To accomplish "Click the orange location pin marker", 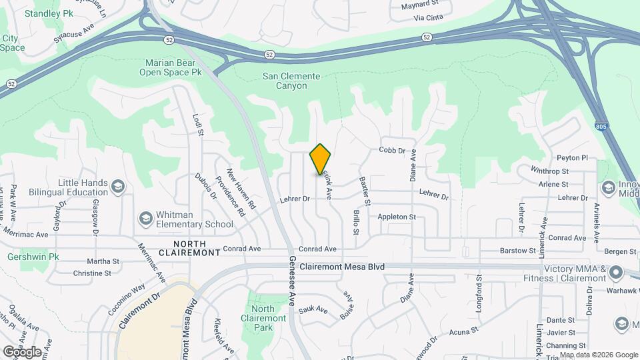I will click(x=321, y=159).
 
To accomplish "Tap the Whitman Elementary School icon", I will click(x=145, y=218).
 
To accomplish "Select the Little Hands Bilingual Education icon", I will click(x=119, y=185).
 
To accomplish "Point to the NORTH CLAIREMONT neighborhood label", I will click(x=189, y=249).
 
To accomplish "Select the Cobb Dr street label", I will click(x=392, y=151).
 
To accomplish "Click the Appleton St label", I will click(x=397, y=217).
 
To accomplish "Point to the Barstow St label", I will click(x=518, y=251).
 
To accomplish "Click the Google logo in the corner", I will click(x=22, y=352).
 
